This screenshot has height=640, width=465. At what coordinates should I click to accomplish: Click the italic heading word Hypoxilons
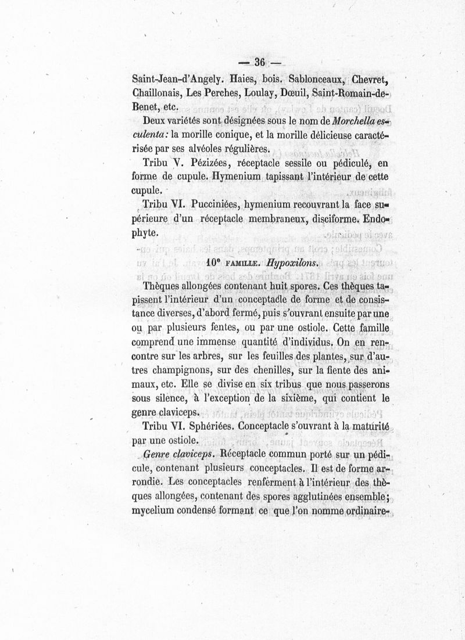point(291,263)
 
